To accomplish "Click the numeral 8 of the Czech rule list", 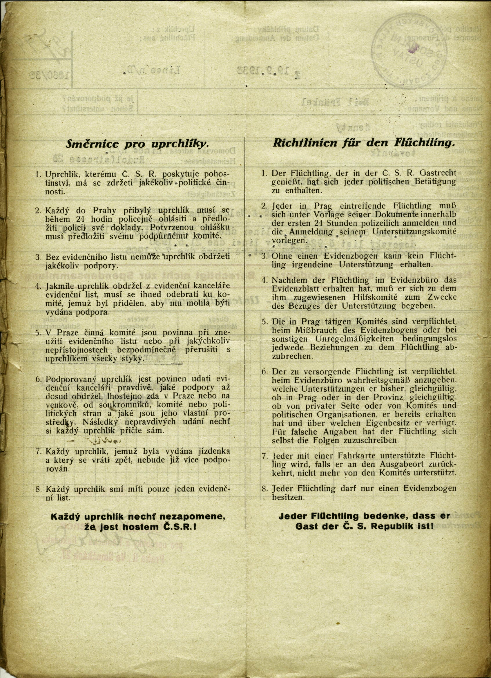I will coord(38,489).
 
